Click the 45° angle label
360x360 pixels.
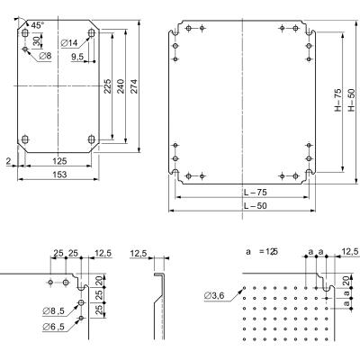(x=38, y=25)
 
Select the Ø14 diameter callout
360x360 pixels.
(x=69, y=43)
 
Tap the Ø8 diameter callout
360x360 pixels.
(x=45, y=56)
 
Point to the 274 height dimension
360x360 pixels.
(x=134, y=86)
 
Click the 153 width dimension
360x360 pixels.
(x=59, y=175)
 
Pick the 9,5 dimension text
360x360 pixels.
(x=77, y=57)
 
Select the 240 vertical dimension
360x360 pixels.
(x=121, y=86)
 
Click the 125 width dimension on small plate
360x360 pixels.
(x=59, y=161)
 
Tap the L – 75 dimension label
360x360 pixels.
(x=255, y=192)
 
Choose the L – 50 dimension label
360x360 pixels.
(x=255, y=206)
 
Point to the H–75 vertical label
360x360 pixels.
(x=338, y=100)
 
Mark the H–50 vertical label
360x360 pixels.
(x=352, y=100)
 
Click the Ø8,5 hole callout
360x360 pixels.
(x=54, y=311)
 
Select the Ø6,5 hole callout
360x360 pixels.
(x=54, y=327)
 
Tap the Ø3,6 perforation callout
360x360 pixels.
(x=214, y=296)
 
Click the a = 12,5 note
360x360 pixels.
(x=261, y=252)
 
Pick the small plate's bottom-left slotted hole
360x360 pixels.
(x=25, y=139)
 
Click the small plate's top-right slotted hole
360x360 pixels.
(x=91, y=33)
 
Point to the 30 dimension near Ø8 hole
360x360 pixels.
(x=36, y=40)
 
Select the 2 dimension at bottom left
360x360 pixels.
(x=8, y=161)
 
